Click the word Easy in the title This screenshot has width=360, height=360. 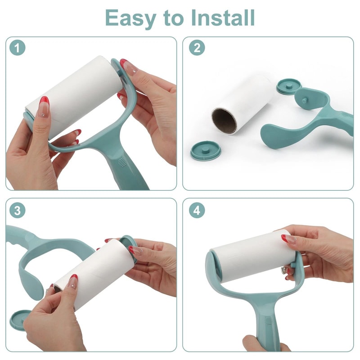point(131,18)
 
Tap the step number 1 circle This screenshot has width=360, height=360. point(17,48)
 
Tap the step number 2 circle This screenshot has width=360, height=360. point(197,48)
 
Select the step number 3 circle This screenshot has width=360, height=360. point(17,210)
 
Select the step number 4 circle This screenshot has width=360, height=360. point(197,210)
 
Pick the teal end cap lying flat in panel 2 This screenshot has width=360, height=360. point(205,150)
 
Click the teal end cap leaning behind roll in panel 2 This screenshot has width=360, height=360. point(288,86)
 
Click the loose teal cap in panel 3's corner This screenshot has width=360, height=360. point(20,319)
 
